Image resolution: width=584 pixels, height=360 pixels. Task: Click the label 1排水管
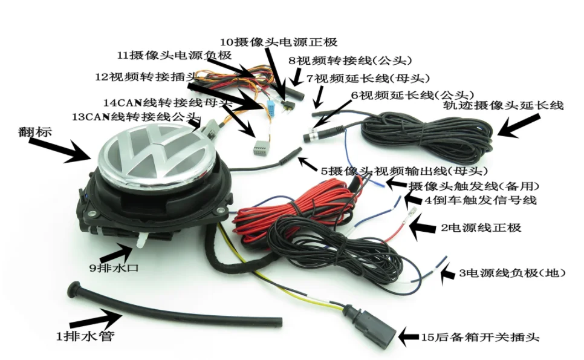coord(84,336)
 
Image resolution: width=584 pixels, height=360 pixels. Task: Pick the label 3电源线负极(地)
coord(514,273)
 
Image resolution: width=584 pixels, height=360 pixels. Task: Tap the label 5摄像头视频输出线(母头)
coord(395,171)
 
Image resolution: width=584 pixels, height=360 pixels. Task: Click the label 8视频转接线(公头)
coord(350,61)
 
